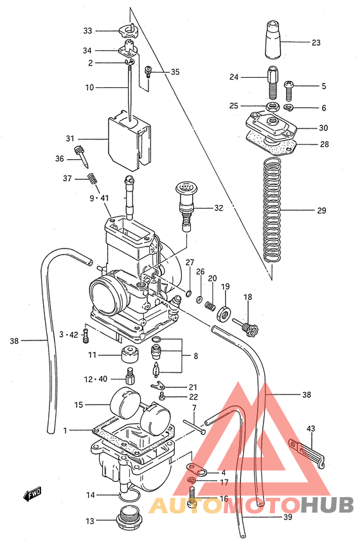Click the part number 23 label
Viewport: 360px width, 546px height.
[x=316, y=43]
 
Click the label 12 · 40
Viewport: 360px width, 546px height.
[x=94, y=379]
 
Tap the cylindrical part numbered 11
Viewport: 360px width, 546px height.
[x=129, y=355]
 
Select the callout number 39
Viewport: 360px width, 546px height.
[x=288, y=516]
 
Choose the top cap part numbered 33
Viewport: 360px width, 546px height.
[x=130, y=30]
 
